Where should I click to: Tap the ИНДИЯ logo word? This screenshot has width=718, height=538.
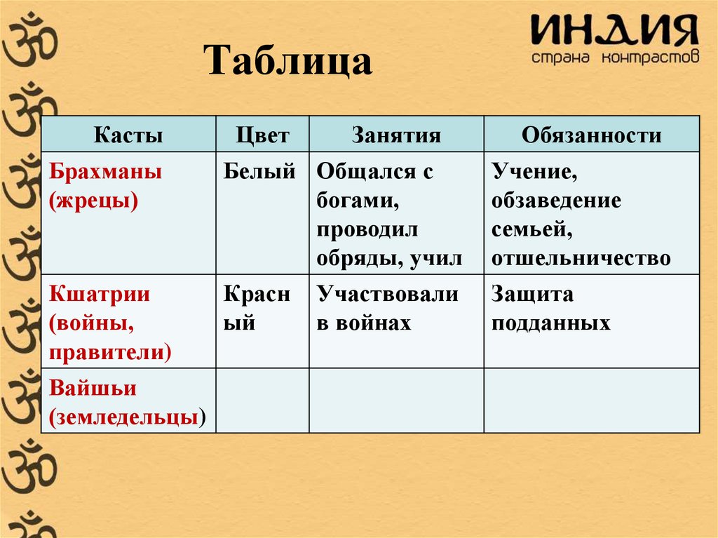(614, 32)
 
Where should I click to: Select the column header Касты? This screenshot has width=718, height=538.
(128, 135)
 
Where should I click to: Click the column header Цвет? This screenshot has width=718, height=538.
(262, 135)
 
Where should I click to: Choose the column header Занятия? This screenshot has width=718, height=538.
(396, 135)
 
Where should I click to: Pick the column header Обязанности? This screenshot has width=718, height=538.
(591, 135)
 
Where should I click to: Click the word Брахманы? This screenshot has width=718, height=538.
(105, 172)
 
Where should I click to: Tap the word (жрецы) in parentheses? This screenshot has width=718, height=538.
(93, 201)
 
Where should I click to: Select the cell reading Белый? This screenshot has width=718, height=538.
(259, 172)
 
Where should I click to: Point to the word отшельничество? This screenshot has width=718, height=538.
(581, 259)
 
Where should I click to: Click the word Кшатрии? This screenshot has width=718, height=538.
(100, 294)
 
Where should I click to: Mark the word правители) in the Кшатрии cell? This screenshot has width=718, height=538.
(110, 351)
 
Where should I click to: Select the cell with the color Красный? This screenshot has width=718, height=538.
(257, 309)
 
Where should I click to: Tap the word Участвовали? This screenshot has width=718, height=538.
(387, 294)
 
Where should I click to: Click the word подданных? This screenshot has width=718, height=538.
(550, 323)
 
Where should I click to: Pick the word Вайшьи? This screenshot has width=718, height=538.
(93, 388)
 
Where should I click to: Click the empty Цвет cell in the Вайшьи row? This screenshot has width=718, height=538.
(262, 400)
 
